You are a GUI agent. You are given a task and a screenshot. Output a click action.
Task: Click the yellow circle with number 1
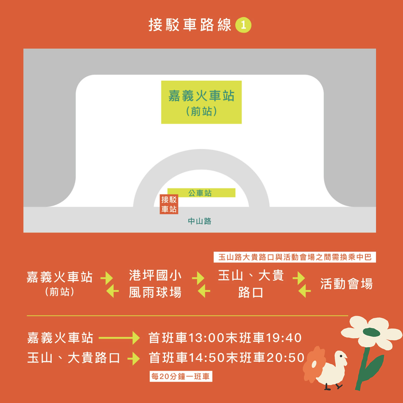243,25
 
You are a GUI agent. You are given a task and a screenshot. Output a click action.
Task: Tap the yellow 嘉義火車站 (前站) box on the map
201,102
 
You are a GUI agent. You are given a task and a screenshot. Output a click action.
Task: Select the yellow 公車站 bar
201,193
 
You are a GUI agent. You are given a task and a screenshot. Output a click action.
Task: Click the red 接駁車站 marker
169,204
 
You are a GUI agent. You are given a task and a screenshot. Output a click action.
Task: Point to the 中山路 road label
200,221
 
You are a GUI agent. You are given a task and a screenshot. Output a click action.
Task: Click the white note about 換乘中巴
295,257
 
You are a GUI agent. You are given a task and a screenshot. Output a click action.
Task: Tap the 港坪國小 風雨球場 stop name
155,284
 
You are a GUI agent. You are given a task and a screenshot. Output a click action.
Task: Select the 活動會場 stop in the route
346,284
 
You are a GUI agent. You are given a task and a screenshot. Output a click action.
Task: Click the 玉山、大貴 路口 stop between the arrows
251,284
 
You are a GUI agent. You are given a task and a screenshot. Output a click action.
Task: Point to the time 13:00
207,338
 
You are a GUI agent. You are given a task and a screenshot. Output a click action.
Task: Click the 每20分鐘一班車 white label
181,376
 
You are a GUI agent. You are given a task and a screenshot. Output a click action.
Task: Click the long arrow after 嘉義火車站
119,338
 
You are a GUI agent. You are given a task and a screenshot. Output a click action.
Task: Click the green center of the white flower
372,332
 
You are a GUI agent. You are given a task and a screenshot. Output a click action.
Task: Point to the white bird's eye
341,356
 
